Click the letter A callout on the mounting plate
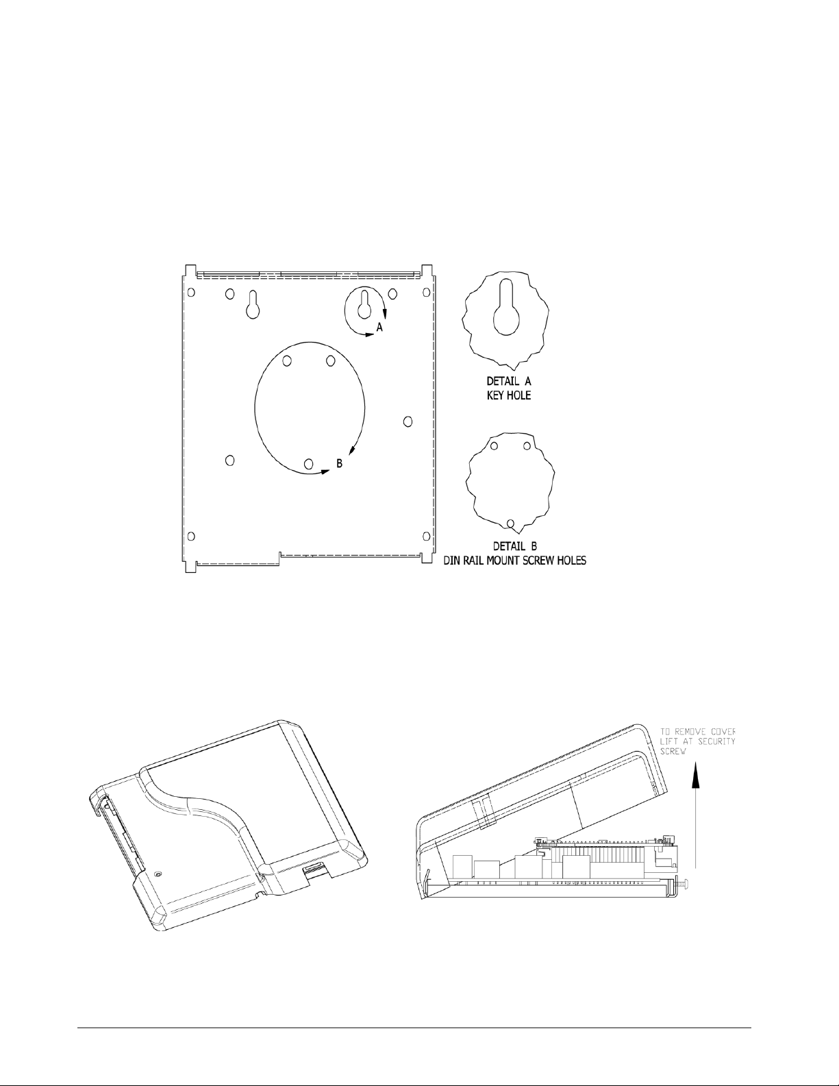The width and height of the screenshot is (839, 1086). (x=379, y=328)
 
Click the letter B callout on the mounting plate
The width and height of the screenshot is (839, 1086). (x=339, y=463)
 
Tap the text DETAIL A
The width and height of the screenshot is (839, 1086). (x=509, y=381)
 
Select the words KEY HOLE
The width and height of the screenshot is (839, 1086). (x=509, y=396)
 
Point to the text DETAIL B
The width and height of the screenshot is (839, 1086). (x=515, y=545)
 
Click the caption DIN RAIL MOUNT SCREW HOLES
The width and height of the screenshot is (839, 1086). (x=515, y=560)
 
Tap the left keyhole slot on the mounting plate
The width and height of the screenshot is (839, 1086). (x=253, y=304)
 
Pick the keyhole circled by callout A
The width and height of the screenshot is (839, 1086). (x=364, y=304)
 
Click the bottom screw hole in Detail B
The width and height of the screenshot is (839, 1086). (x=510, y=523)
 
